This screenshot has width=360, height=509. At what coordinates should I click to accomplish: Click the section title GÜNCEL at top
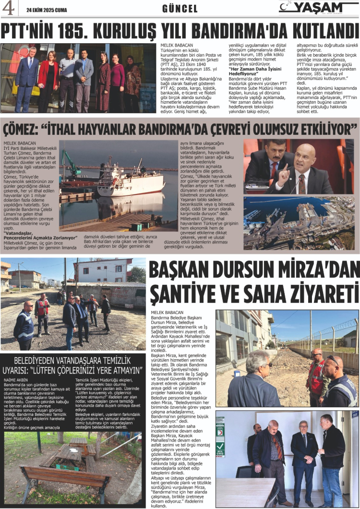pyautogui.click(x=180, y=8)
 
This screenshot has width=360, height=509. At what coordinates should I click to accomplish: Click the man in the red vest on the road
pyautogui.click(x=42, y=313)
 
